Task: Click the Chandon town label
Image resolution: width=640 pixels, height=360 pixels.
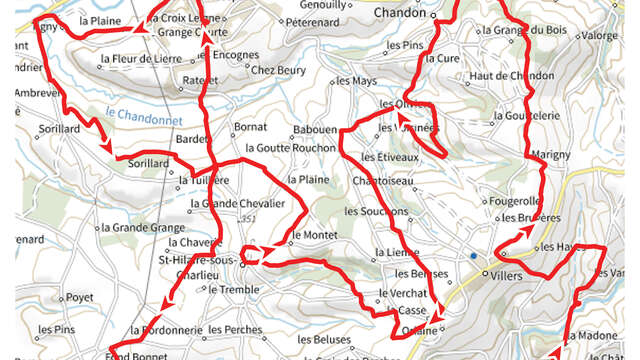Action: click(401, 13)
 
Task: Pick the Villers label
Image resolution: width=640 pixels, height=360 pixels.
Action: click(506, 271)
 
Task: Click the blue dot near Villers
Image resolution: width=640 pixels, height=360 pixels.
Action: click(473, 257)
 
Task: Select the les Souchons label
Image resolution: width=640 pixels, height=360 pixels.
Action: click(375, 212)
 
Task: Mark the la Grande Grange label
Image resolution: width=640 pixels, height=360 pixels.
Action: click(141, 228)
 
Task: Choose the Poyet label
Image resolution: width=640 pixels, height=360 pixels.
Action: click(78, 297)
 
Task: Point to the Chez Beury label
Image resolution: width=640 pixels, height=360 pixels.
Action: click(277, 70)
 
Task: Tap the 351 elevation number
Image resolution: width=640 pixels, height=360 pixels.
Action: click(246, 218)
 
